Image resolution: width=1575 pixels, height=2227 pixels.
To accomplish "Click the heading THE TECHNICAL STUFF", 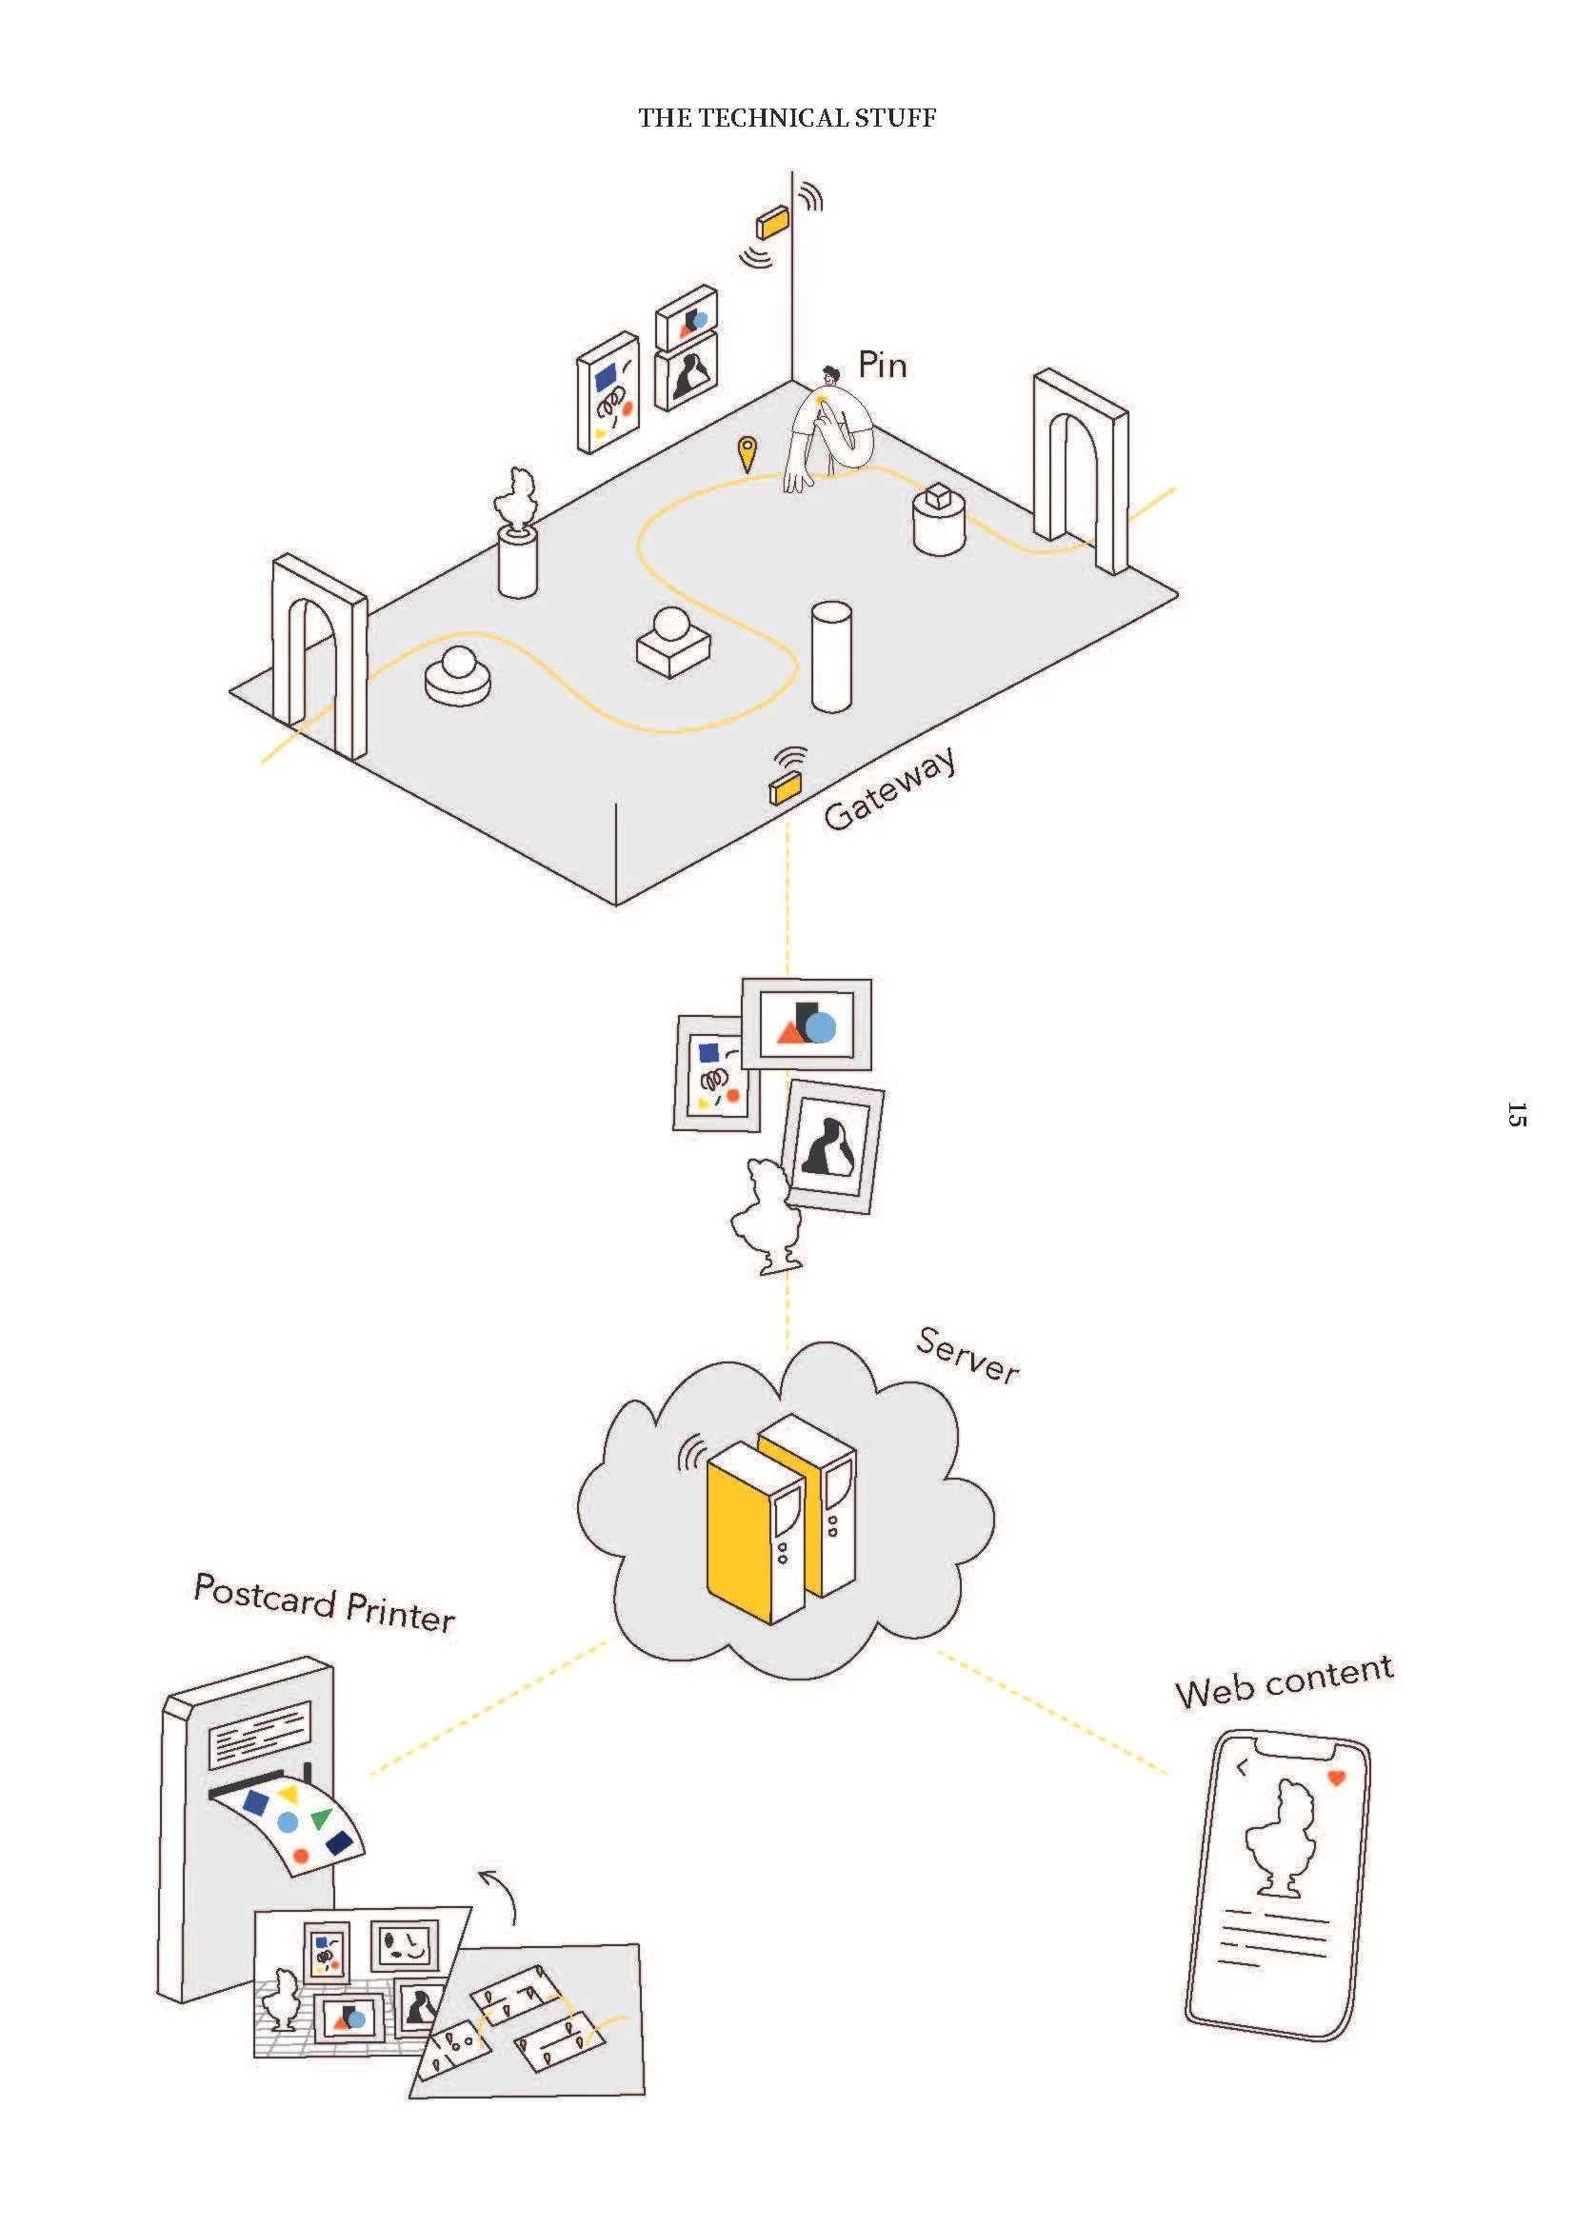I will (x=787, y=118).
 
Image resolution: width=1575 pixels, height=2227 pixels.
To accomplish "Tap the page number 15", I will (x=1517, y=1115).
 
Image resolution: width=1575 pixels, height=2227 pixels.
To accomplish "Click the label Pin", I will (x=882, y=366).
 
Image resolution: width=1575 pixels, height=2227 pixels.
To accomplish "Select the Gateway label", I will (x=889, y=788).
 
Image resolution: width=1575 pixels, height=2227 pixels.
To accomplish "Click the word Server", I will (x=967, y=1356).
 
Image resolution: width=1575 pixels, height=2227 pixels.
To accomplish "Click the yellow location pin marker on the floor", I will (x=746, y=452).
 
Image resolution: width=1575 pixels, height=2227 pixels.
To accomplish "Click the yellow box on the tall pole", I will (x=773, y=223).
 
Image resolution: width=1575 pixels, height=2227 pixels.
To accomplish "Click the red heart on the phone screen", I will (x=1335, y=1778).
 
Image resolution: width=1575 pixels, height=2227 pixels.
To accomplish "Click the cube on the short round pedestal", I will (x=938, y=497).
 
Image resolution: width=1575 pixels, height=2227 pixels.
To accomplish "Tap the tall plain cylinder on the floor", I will (x=831, y=656).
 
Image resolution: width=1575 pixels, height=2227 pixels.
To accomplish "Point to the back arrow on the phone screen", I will (x=1243, y=1769).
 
